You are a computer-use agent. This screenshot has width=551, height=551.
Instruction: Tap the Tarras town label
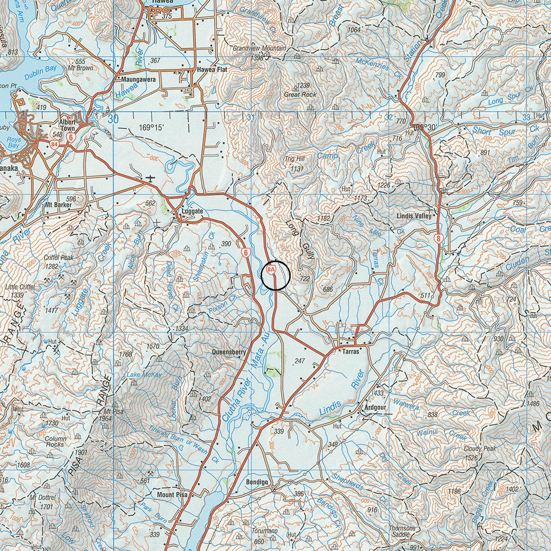pyautogui.click(x=351, y=352)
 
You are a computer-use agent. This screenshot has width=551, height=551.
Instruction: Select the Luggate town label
pyautogui.click(x=192, y=211)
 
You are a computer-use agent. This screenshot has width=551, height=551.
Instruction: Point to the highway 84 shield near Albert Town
pyautogui.click(x=54, y=144)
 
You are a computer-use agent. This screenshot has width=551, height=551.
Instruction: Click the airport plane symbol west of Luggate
pyautogui.click(x=150, y=178)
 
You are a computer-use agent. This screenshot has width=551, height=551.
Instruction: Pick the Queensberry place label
pyautogui.click(x=229, y=352)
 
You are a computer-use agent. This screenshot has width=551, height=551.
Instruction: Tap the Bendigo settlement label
pyautogui.click(x=257, y=482)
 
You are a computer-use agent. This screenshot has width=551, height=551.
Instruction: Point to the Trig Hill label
pyautogui.click(x=295, y=159)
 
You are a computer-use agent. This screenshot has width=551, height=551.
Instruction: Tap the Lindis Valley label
pyautogui.click(x=414, y=216)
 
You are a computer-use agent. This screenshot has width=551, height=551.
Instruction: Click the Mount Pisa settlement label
pyautogui.click(x=172, y=495)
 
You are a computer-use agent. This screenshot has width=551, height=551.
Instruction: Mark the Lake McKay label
pyautogui.click(x=144, y=375)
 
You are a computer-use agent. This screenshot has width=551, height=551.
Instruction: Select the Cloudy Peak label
pyautogui.click(x=480, y=448)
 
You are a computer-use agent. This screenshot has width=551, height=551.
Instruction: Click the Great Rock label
pyautogui.click(x=300, y=94)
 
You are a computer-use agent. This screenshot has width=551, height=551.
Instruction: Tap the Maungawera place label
pyautogui.click(x=138, y=79)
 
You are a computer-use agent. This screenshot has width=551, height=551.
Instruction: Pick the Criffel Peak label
pyautogui.click(x=59, y=257)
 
